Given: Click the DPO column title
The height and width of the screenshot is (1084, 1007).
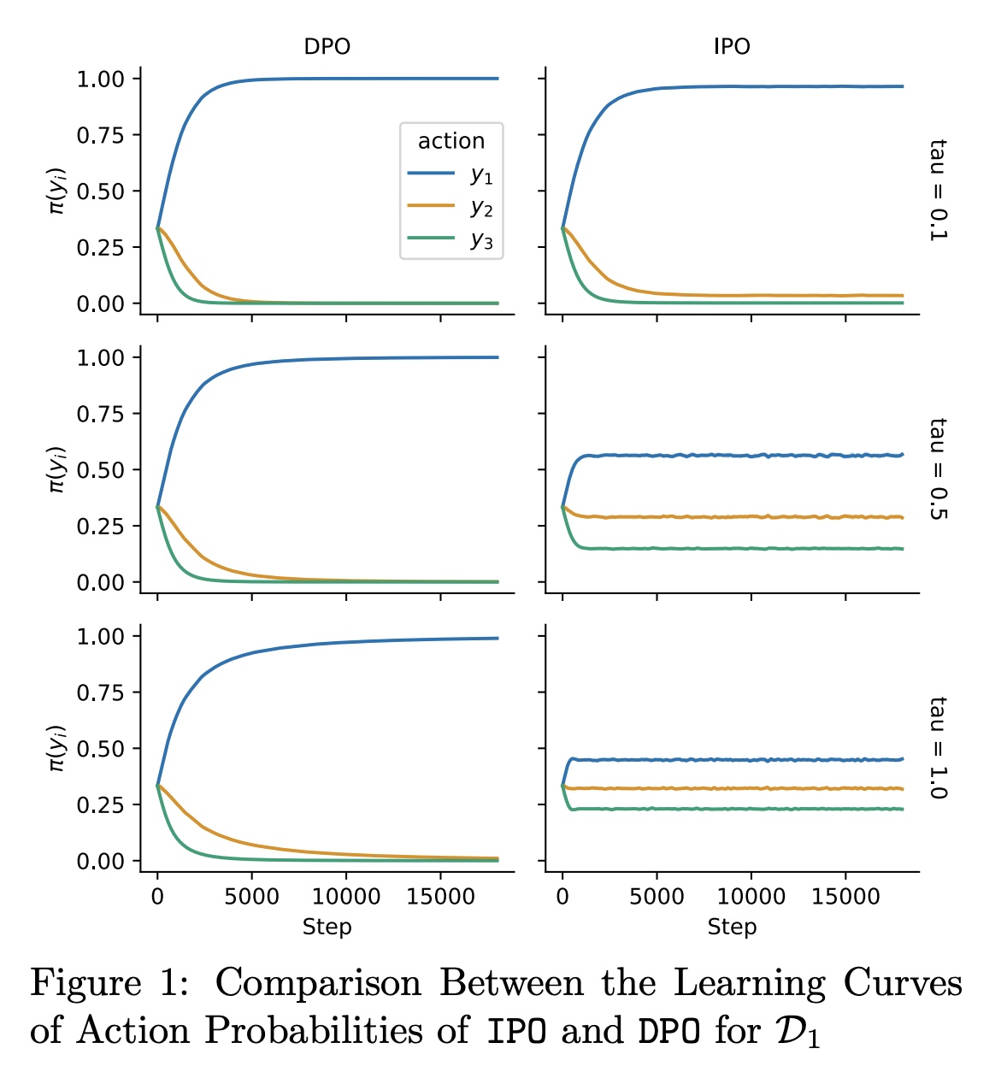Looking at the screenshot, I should coord(327,46).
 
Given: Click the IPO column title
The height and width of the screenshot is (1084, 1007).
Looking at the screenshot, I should coord(732,46).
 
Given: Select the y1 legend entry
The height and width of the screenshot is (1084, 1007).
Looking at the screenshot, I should coord(450,174).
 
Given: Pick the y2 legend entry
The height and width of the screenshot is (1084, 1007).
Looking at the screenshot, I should coord(450,207).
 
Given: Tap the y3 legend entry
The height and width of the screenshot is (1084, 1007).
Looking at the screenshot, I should coord(450,239).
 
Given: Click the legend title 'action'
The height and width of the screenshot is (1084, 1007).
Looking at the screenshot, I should coord(450,141).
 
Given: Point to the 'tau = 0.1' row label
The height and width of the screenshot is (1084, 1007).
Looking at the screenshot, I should coord(938,189).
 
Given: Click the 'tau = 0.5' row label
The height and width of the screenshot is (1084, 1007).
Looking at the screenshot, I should coord(938,468).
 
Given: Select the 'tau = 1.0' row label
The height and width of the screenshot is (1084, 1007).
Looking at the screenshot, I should coord(938,747).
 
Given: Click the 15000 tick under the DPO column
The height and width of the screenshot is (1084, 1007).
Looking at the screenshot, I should coord(440,897).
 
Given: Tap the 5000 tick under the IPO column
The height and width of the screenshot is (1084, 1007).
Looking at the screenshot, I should coord(657,897).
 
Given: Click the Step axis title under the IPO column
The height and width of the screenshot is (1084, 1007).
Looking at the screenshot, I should coord(732,927).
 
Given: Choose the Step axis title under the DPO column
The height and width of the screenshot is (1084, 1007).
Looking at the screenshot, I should coord(327,927).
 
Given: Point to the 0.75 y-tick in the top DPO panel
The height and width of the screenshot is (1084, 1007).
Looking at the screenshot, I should coord(100,135).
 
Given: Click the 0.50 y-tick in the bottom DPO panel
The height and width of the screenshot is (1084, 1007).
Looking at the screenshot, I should coord(100,749).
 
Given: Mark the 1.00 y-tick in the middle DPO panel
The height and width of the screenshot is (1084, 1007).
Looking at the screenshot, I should coord(100,358).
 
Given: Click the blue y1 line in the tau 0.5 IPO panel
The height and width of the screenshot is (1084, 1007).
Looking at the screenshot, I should coord(735,456).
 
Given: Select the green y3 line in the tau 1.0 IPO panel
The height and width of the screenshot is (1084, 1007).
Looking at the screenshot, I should coord(735,809).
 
